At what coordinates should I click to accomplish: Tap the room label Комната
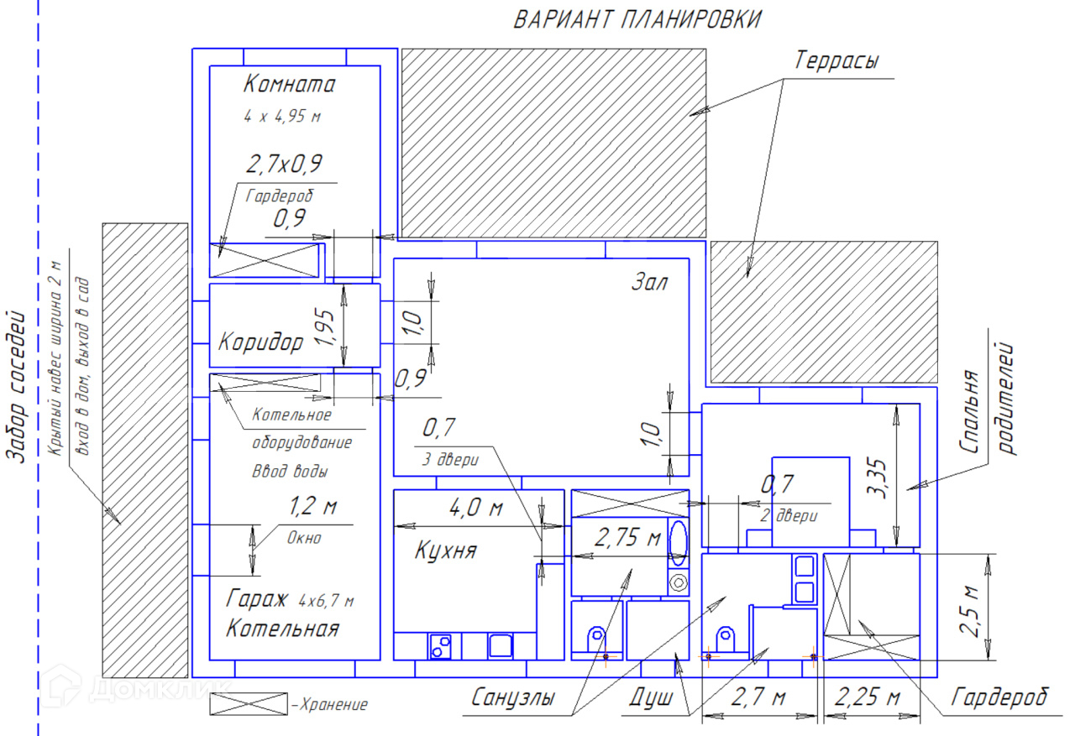[x=289, y=85]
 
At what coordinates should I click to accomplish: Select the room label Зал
[x=649, y=283]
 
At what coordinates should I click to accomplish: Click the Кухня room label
[x=445, y=551]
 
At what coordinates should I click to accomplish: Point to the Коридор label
[x=260, y=342]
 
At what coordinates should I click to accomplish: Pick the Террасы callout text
[x=837, y=61]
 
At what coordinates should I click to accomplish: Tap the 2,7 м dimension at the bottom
[x=758, y=697]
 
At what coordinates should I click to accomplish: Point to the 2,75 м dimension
[x=627, y=538]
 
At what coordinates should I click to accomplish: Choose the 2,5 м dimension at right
[x=971, y=611]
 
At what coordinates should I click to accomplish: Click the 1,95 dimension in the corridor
[x=326, y=327]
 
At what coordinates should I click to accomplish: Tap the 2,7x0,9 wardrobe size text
[x=285, y=164]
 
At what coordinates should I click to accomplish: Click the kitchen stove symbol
[x=440, y=645]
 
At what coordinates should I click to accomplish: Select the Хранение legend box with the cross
[x=248, y=704]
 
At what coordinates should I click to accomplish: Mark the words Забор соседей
[x=16, y=386]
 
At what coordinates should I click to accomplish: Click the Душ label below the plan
[x=651, y=697]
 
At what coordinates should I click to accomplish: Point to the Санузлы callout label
[x=512, y=697]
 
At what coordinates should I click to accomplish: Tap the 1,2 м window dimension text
[x=312, y=508]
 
